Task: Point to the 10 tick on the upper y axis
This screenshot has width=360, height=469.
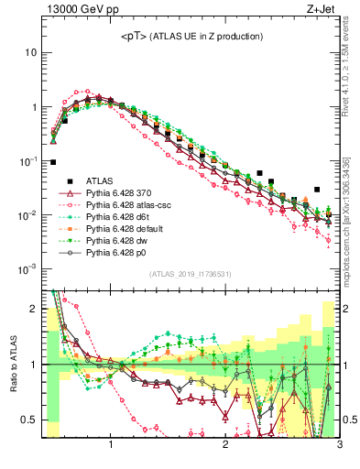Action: [x=32, y=52]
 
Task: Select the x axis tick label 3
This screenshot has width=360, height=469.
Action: [x=339, y=447]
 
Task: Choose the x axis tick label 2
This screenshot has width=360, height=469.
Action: [x=225, y=447]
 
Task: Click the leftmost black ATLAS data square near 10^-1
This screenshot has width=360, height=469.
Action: [x=53, y=162]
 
